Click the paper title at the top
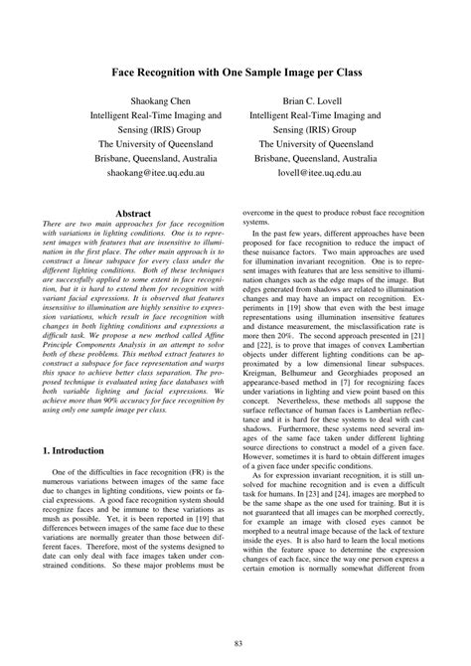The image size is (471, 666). (235, 73)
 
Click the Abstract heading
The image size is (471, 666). (134, 214)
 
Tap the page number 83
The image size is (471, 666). (235, 645)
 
